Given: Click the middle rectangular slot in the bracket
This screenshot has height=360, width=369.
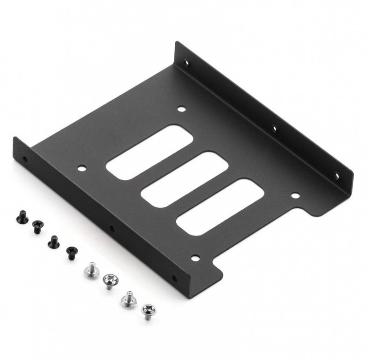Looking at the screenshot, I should click(x=184, y=179).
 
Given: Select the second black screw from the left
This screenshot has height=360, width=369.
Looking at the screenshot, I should click(x=36, y=226).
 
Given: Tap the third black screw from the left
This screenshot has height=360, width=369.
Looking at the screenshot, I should click(x=53, y=240).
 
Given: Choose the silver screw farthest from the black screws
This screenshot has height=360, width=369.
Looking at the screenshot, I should click(x=148, y=311).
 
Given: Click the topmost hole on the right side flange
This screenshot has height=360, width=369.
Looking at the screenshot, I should click(x=187, y=64).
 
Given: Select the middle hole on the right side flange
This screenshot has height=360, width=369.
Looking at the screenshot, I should click(x=274, y=128).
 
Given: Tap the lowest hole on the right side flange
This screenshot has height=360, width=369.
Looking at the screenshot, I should click(x=336, y=175).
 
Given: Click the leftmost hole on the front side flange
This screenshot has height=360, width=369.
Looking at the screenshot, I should click(x=25, y=160).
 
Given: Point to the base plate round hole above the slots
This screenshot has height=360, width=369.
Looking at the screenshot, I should click(x=181, y=109).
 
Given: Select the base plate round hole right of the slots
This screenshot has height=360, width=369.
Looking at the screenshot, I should click(x=294, y=195).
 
